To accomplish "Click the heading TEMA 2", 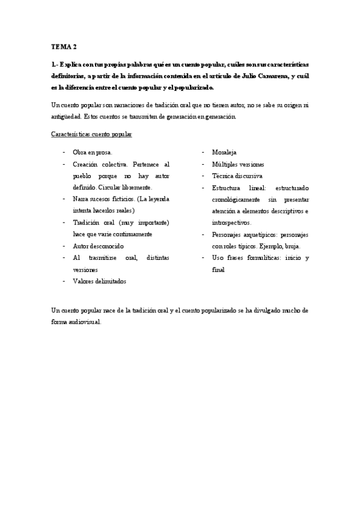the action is [64, 46].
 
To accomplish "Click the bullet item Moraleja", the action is [224, 152].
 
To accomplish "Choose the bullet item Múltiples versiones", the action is [238, 164].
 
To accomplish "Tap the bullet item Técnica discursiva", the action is [237, 176].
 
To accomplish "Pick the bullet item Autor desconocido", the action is [98, 246].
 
